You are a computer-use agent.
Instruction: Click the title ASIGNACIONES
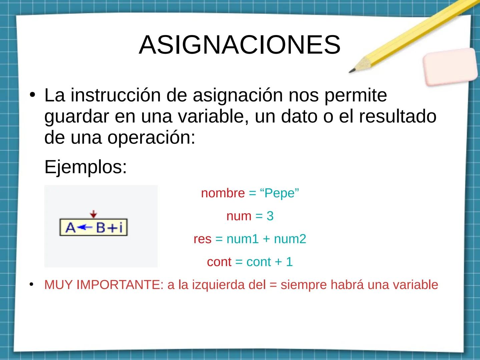point(239,45)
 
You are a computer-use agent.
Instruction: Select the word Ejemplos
point(85,167)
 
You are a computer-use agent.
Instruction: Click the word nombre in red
point(223,193)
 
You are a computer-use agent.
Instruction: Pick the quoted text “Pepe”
point(279,193)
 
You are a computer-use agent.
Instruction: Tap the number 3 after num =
point(270,216)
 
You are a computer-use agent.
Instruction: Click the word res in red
point(202,239)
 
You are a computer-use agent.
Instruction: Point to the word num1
point(243,239)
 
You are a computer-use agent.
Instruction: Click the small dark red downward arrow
point(94,214)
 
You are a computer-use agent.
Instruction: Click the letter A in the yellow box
point(70,228)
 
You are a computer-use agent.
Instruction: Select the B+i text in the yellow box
point(109,228)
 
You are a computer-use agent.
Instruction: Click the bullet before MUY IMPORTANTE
point(32,284)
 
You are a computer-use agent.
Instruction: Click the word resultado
point(398,116)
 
